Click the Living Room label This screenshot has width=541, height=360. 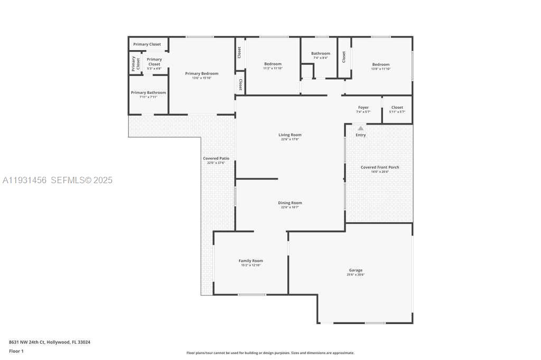click(x=290, y=135)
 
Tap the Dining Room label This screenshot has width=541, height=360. click(x=290, y=203)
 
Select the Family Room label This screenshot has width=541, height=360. click(x=251, y=261)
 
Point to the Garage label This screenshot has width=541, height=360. click(x=356, y=270)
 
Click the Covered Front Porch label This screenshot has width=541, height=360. click(x=380, y=167)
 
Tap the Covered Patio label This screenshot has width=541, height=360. click(x=216, y=158)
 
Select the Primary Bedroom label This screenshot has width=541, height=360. click(x=201, y=74)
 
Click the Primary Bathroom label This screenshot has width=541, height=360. click(x=148, y=93)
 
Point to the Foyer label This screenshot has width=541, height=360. click(x=363, y=108)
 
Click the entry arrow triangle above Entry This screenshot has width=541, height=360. click(x=360, y=128)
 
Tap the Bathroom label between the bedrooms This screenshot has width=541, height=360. click(x=320, y=53)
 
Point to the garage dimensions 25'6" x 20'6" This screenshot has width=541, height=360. click(x=356, y=274)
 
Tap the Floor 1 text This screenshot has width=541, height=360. click(x=16, y=351)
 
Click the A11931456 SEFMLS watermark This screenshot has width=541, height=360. click(x=57, y=181)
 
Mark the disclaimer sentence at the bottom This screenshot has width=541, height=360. click(x=270, y=353)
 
